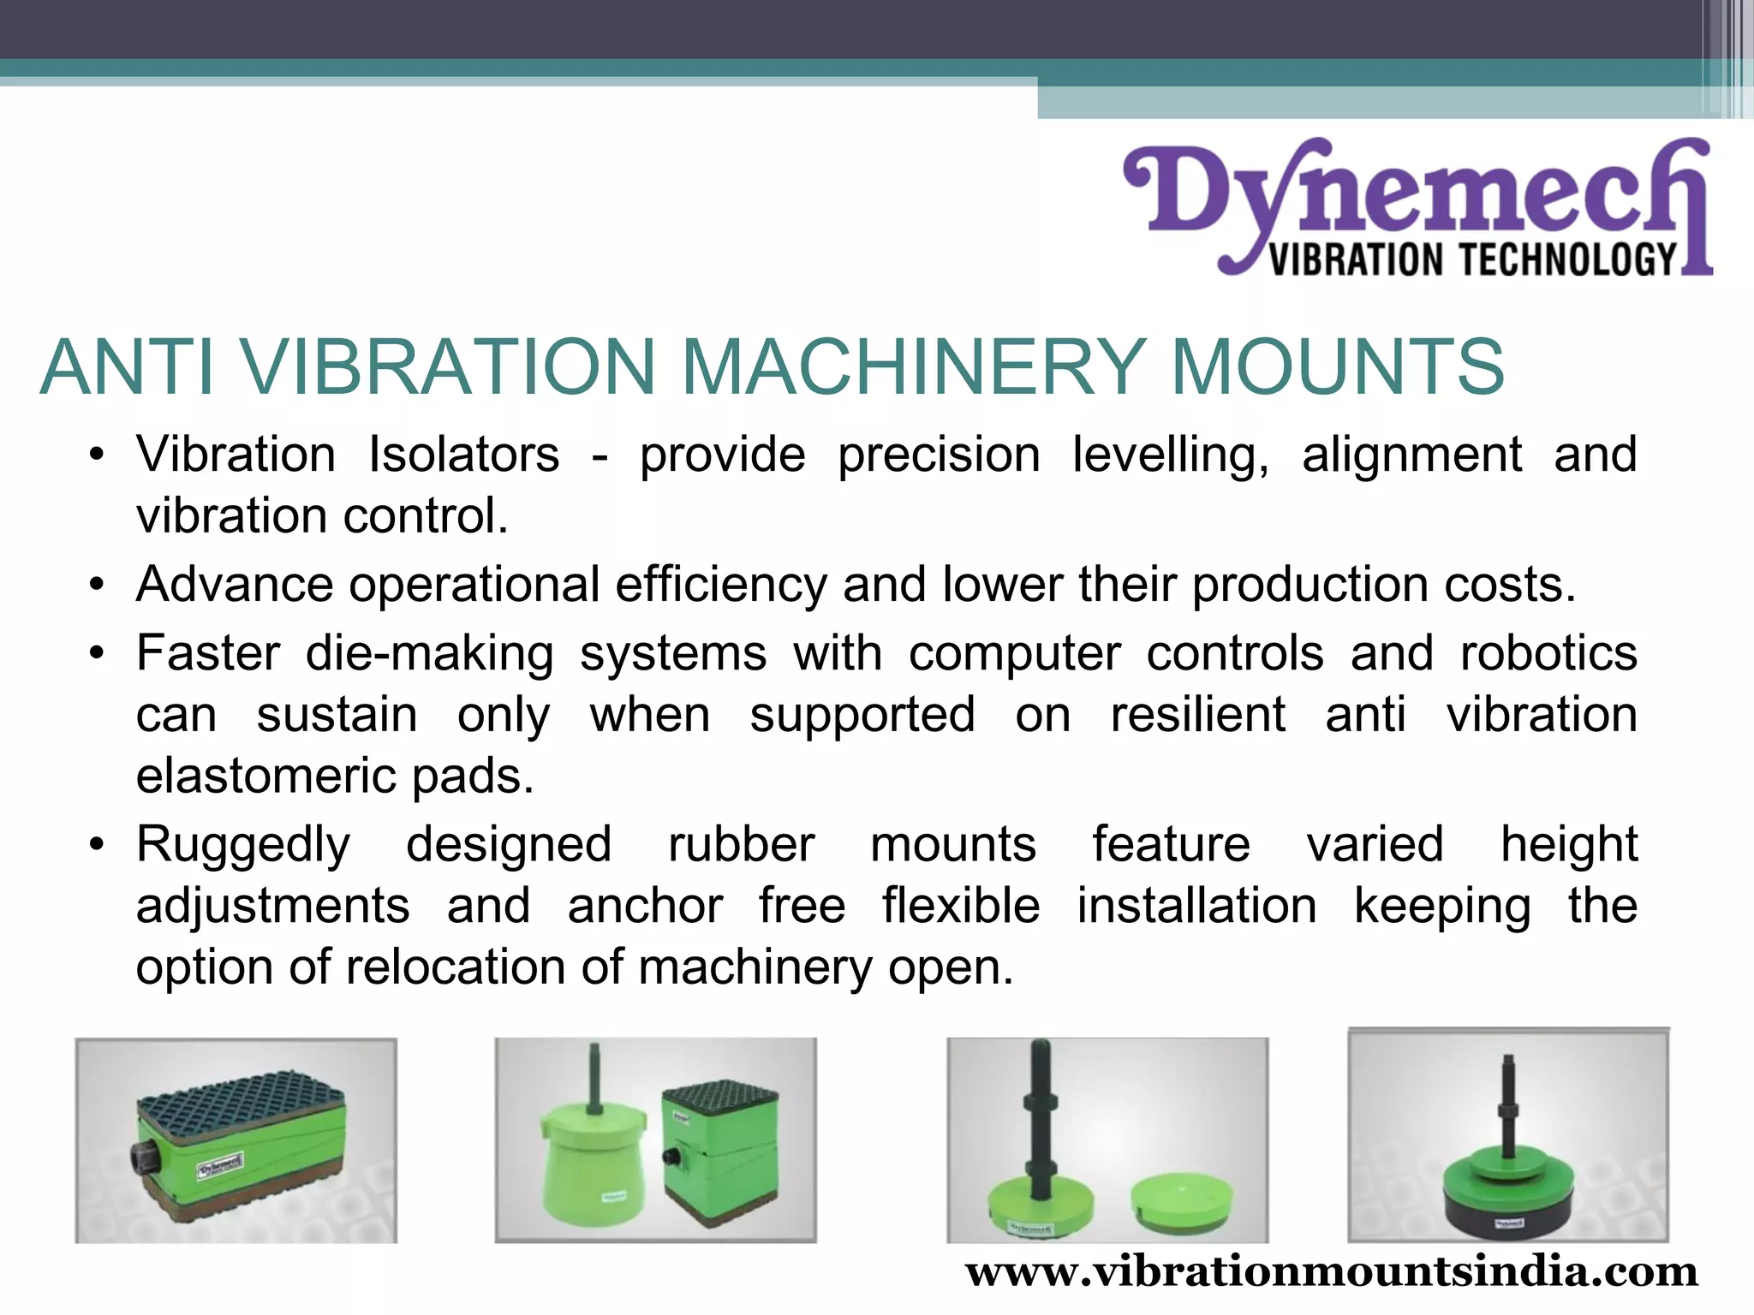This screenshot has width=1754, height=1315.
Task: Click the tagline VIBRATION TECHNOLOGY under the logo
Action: [1471, 259]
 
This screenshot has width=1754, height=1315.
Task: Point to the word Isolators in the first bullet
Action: [463, 454]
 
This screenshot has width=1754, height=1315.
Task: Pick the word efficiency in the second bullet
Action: [720, 585]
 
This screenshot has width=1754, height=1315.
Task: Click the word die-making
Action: [430, 655]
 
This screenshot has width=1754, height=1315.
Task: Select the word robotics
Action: [1548, 653]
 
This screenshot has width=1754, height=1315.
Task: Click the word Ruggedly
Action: [243, 846]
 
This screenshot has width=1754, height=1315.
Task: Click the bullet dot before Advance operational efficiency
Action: [97, 586]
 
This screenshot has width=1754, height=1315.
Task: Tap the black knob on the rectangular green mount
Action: [143, 1157]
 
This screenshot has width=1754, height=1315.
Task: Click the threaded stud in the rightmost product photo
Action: [1507, 1104]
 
